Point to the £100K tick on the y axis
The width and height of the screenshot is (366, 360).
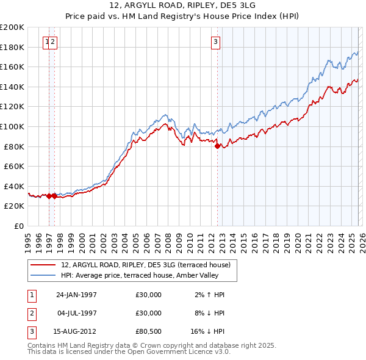click(12, 126)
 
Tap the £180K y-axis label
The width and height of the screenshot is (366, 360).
click(12, 47)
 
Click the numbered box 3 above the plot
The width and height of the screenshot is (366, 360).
click(216, 42)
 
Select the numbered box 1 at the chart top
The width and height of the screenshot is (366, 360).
click(47, 42)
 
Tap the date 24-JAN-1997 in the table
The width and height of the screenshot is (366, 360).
click(76, 295)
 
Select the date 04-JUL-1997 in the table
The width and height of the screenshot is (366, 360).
click(76, 313)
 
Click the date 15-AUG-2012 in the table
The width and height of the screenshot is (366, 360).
click(76, 331)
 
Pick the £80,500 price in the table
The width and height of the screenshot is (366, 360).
click(148, 331)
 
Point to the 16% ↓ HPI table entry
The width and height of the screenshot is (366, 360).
click(208, 331)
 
